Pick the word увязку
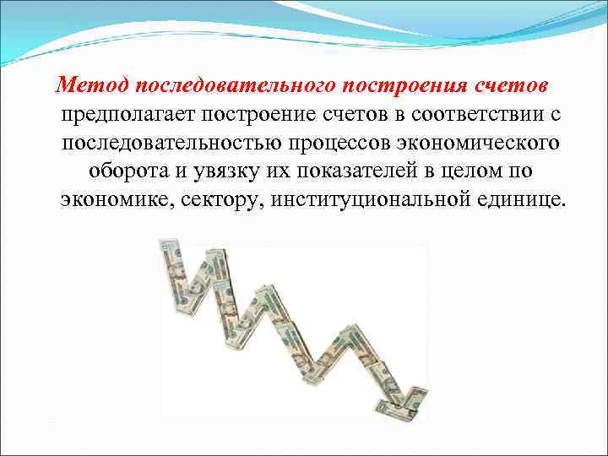[212, 171]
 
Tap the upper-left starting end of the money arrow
[167, 253]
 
